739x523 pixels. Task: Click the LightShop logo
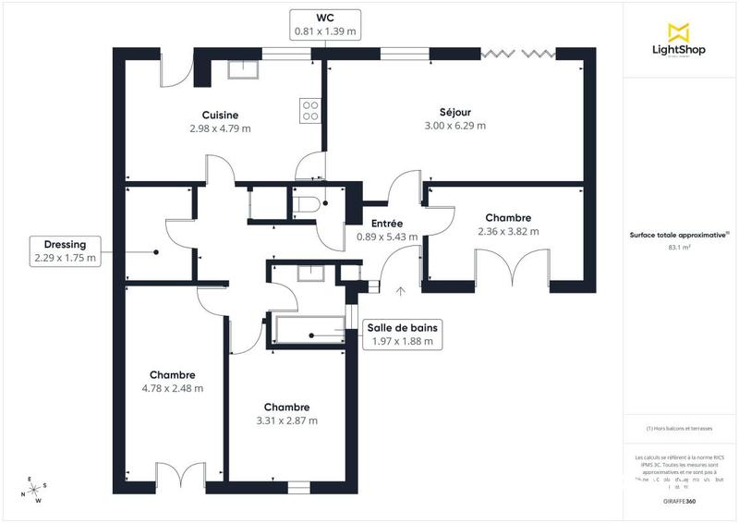(x=680, y=42)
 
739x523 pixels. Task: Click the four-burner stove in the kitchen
(x=310, y=110)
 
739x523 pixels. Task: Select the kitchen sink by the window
(x=241, y=68)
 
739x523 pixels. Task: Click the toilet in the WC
(x=309, y=201)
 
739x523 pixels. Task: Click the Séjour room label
(x=454, y=111)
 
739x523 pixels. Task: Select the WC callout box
(x=324, y=24)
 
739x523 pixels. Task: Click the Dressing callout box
(x=66, y=251)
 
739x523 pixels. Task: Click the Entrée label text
(x=386, y=224)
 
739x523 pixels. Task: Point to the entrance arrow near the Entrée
(x=400, y=292)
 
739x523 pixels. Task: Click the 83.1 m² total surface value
(x=680, y=248)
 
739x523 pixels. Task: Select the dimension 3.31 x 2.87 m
(x=286, y=420)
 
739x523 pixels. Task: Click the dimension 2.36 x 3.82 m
(x=508, y=231)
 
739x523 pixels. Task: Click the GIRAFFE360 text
(x=680, y=499)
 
